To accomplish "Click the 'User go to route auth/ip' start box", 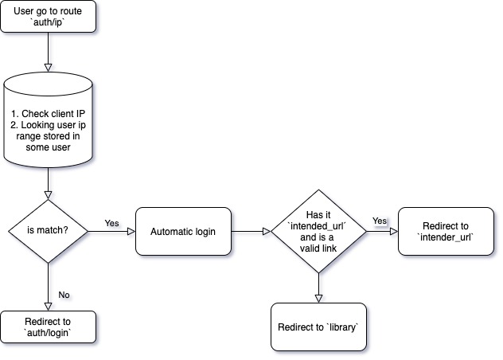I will [49, 17].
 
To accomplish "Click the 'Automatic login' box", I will [183, 232].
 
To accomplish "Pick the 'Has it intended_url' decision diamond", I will [318, 232].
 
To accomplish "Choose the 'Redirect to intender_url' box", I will [446, 232].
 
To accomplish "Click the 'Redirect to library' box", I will [318, 327].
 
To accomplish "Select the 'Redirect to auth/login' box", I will [49, 327].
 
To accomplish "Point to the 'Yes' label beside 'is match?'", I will [111, 223].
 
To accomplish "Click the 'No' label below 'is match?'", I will [64, 294].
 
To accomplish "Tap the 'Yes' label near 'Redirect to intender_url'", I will [380, 221].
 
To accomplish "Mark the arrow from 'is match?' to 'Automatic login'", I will [111, 232].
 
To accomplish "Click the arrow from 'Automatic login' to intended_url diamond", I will [251, 232].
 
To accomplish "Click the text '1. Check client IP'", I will [49, 114].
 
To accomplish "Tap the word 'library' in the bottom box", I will [340, 327].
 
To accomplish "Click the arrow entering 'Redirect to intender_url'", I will [382, 232].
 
